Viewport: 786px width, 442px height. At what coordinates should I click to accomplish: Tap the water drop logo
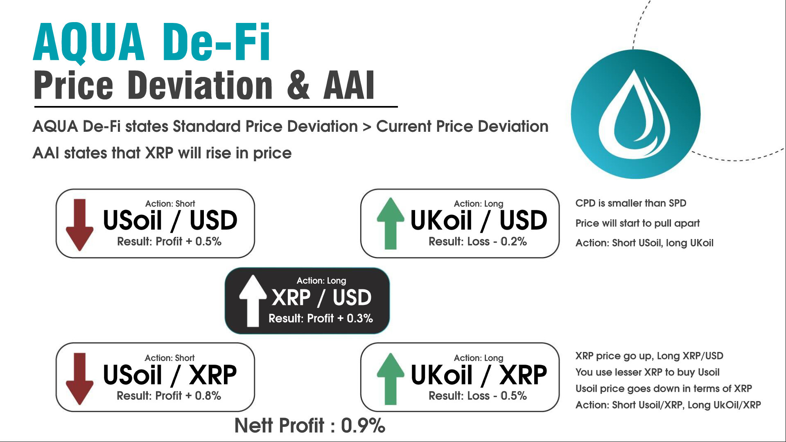point(635,114)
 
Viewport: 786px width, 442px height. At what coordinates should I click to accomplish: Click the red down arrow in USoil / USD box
point(79,225)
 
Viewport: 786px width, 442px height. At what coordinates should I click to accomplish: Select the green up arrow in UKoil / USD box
point(391,223)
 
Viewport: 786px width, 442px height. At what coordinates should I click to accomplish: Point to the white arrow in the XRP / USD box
point(253,301)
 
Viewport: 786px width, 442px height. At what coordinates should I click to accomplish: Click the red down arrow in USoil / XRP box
point(79,379)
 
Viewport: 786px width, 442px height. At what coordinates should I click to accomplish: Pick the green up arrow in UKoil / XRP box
point(391,379)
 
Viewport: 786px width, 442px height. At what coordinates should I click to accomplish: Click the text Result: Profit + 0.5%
point(169,241)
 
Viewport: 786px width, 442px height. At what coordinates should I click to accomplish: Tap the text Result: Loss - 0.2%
point(477,241)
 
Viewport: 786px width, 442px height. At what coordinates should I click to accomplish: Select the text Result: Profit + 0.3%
point(321,318)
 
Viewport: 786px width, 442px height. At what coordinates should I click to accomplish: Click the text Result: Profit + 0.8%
point(169,396)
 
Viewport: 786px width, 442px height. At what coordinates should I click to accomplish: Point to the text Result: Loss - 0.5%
point(477,396)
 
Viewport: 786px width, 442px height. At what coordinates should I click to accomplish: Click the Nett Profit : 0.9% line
point(310,426)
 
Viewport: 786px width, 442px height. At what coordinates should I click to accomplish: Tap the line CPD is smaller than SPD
point(631,203)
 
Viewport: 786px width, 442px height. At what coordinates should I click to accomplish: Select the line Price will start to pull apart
point(637,223)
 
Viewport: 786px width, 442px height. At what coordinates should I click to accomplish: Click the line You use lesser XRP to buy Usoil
point(647,372)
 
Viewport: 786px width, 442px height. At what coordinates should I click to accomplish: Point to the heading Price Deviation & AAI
point(204,85)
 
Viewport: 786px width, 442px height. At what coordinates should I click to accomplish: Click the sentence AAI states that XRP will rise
point(162,153)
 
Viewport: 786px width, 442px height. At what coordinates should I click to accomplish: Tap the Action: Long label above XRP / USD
point(321,281)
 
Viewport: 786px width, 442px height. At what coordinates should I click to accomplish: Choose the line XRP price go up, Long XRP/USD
point(649,356)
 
